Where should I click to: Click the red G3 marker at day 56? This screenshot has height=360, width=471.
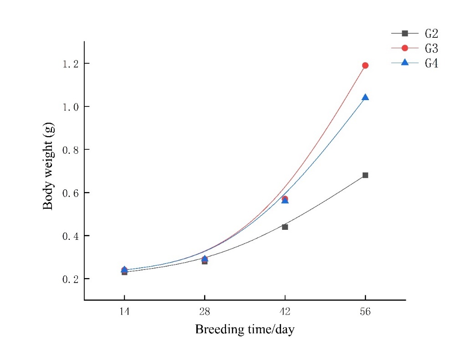click(365, 66)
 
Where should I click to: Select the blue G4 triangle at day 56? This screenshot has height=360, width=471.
click(365, 97)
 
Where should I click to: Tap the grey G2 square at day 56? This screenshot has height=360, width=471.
click(365, 175)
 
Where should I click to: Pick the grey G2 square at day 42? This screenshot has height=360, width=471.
click(285, 227)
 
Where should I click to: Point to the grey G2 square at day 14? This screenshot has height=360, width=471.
click(124, 272)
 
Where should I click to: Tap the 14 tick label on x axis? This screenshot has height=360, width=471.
click(124, 312)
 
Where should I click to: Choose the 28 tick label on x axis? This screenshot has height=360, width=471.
click(205, 312)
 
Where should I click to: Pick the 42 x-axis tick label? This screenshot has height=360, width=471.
click(285, 312)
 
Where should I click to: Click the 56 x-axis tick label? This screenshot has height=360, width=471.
click(365, 312)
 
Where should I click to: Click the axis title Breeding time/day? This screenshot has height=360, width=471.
click(245, 330)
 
